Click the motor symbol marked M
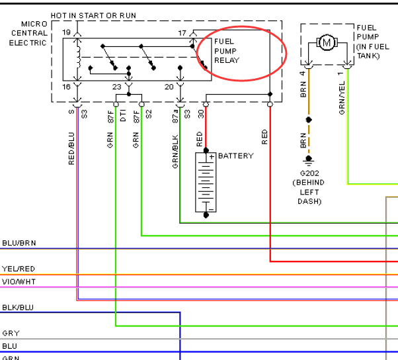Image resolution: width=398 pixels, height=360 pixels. [x=327, y=42]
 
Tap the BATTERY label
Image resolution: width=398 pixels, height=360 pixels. [x=236, y=156]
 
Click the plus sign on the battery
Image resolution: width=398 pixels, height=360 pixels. [x=212, y=157]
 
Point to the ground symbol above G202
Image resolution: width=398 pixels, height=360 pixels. [x=309, y=159]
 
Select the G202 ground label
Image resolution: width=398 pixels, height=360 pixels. [x=309, y=173]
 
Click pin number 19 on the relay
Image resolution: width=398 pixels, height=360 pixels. [x=66, y=32]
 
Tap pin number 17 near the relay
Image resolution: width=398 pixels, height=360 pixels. [x=182, y=33]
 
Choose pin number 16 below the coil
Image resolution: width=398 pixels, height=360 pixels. [x=66, y=87]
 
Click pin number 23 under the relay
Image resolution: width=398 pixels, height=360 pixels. [x=117, y=87]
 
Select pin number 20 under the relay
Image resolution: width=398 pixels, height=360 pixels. [x=169, y=87]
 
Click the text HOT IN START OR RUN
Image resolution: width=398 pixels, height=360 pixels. [x=93, y=16]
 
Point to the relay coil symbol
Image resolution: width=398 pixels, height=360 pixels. [x=78, y=57]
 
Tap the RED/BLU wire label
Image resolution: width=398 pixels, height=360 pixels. [x=71, y=149]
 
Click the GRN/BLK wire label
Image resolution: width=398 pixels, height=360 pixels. [x=175, y=152]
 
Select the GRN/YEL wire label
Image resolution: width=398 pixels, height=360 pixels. [x=342, y=98]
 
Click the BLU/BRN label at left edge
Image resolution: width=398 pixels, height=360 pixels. [x=19, y=243]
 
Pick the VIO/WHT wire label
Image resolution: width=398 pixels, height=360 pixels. [x=19, y=282]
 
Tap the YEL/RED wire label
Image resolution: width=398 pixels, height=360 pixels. [x=19, y=269]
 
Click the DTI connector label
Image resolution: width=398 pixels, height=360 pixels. [x=123, y=116]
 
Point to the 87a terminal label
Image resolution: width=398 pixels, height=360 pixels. [x=175, y=116]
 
